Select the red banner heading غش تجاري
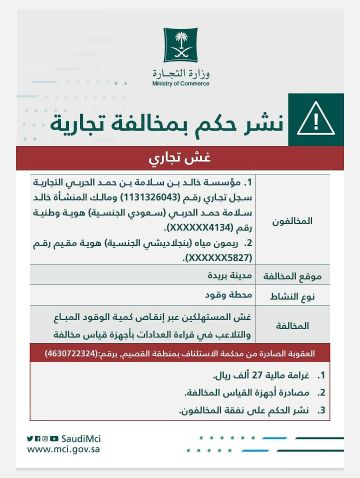[179, 158]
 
